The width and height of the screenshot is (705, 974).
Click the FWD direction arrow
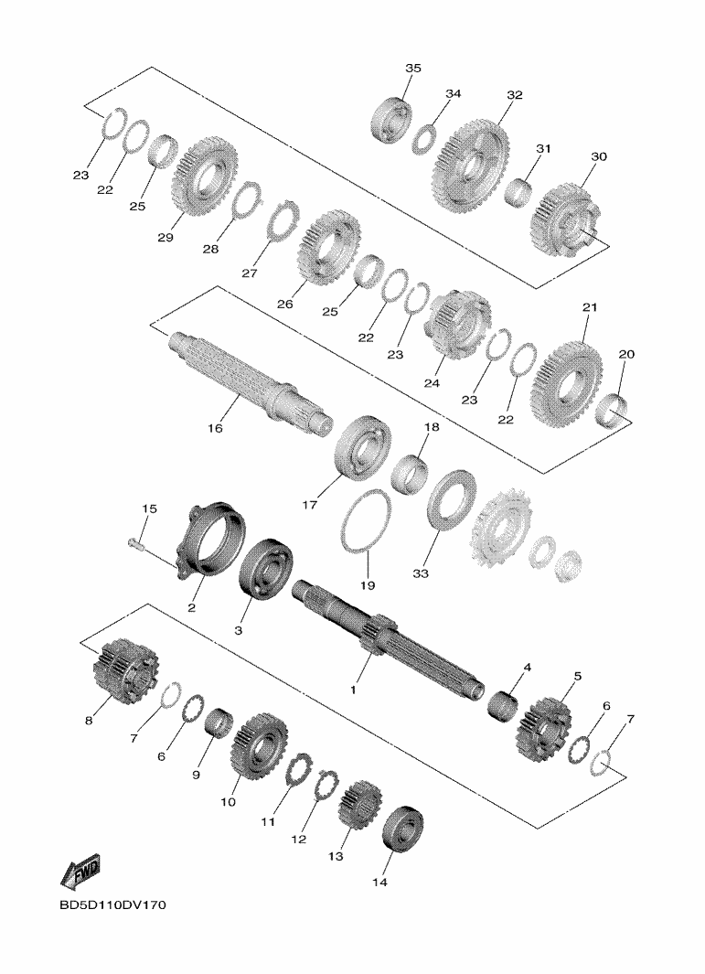point(79,872)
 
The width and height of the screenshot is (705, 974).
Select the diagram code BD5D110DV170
point(113,905)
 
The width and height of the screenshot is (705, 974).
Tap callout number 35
point(413,69)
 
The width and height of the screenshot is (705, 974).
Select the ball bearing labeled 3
point(266,569)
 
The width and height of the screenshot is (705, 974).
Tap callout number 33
point(421,574)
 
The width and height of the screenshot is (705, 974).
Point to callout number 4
point(527,668)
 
